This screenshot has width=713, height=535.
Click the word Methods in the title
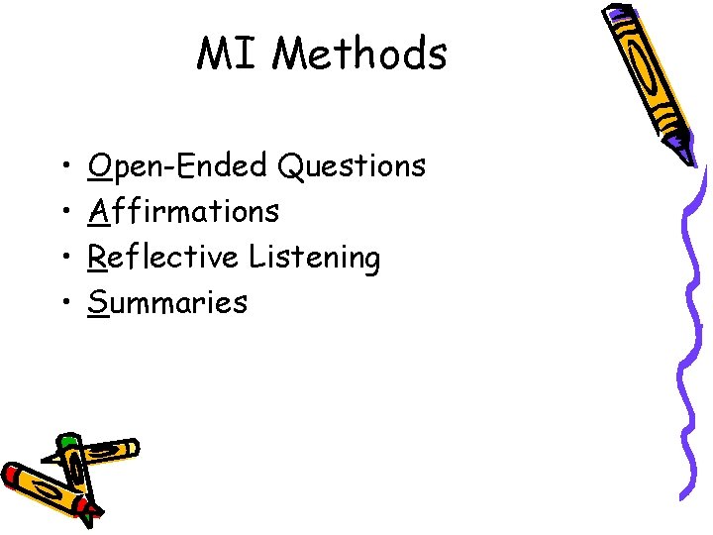click(358, 53)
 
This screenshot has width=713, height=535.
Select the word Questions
click(352, 165)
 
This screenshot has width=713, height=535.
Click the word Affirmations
click(183, 211)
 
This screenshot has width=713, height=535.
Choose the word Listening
click(314, 259)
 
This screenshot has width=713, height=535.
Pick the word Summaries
click(167, 302)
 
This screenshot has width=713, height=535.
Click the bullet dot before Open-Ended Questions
click(62, 166)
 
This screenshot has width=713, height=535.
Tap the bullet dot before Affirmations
click(62, 212)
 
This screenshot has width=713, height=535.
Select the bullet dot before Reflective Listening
click(62, 258)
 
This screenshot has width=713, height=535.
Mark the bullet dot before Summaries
click(62, 303)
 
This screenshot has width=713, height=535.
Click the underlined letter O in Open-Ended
click(98, 165)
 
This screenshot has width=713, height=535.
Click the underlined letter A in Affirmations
click(98, 211)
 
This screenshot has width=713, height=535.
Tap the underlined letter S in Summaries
click(97, 302)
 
